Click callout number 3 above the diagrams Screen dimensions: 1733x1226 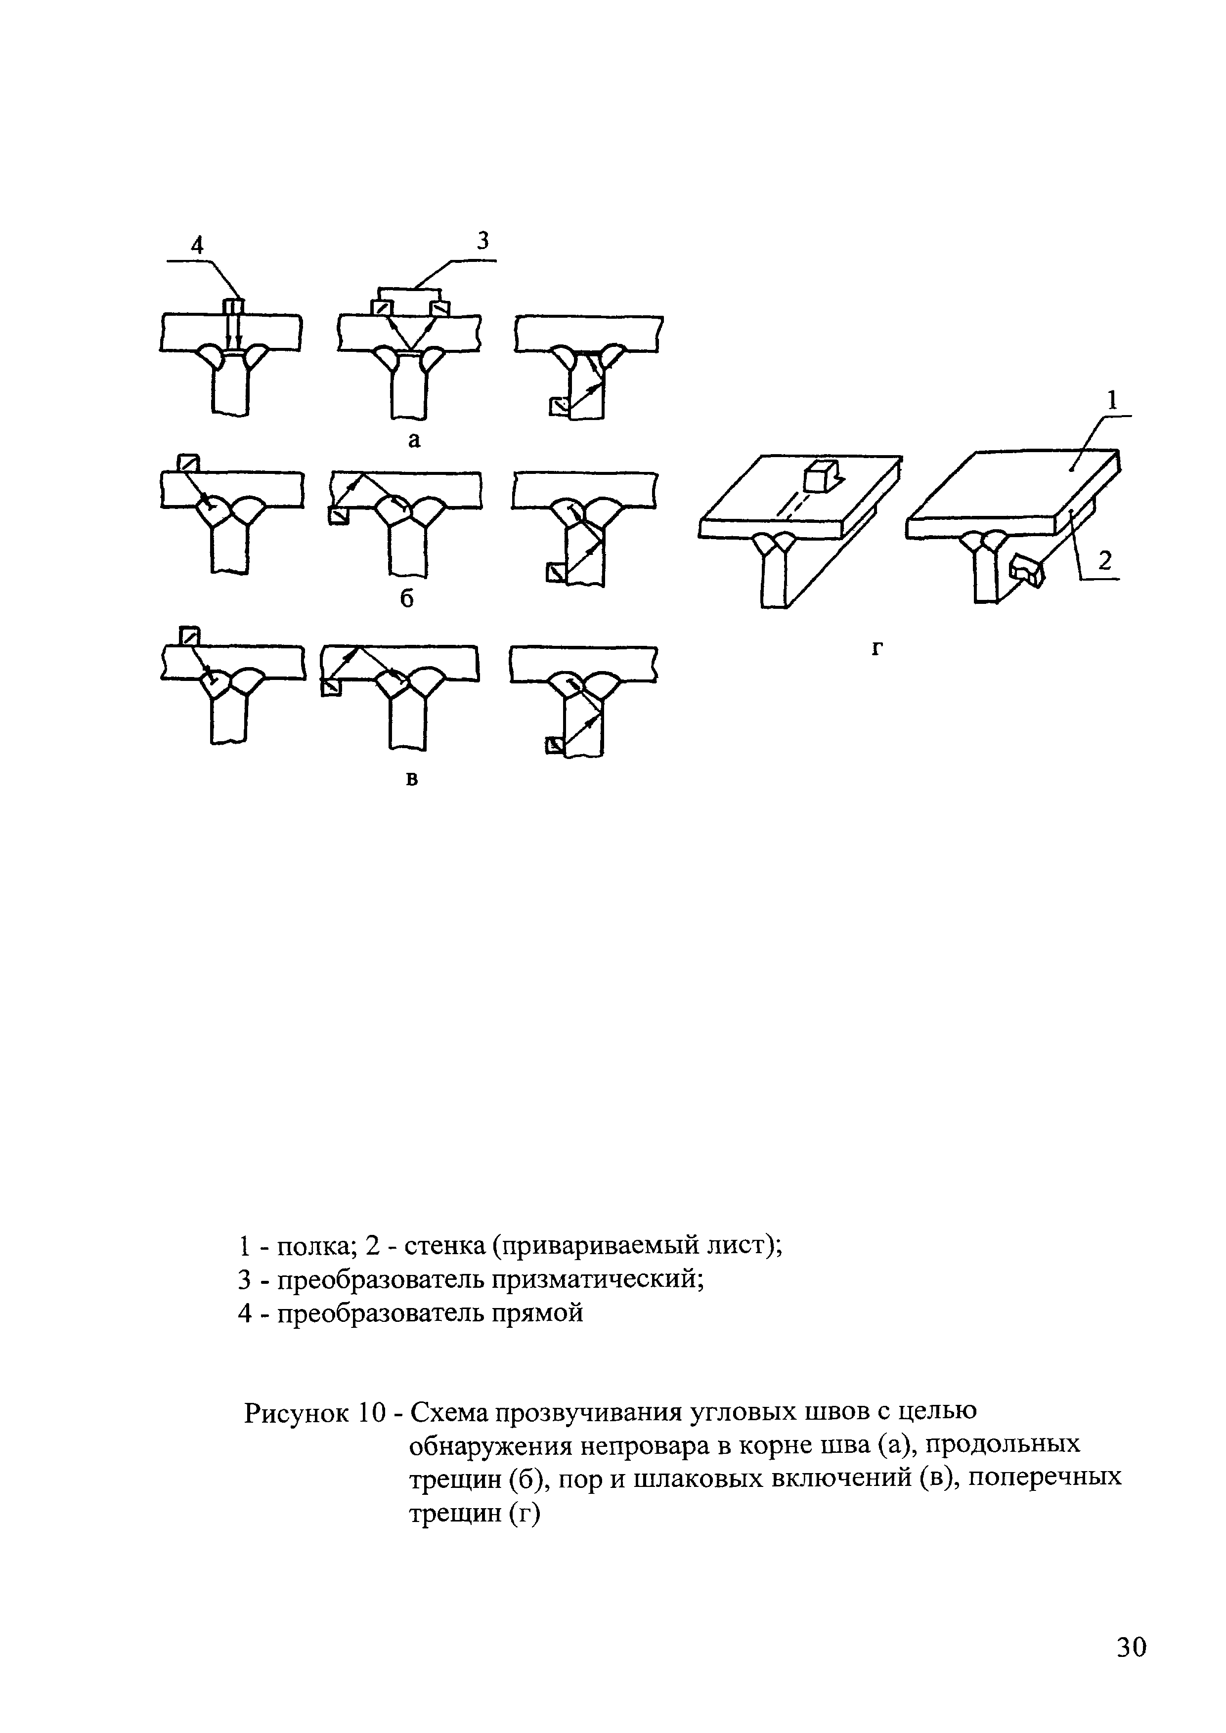[x=483, y=241]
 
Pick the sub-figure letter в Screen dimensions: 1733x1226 [x=412, y=779]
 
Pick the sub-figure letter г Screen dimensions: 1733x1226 [x=876, y=648]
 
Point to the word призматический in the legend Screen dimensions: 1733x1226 [x=597, y=1281]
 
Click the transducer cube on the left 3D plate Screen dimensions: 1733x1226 [x=816, y=476]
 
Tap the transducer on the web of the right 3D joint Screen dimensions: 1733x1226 [x=1027, y=571]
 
